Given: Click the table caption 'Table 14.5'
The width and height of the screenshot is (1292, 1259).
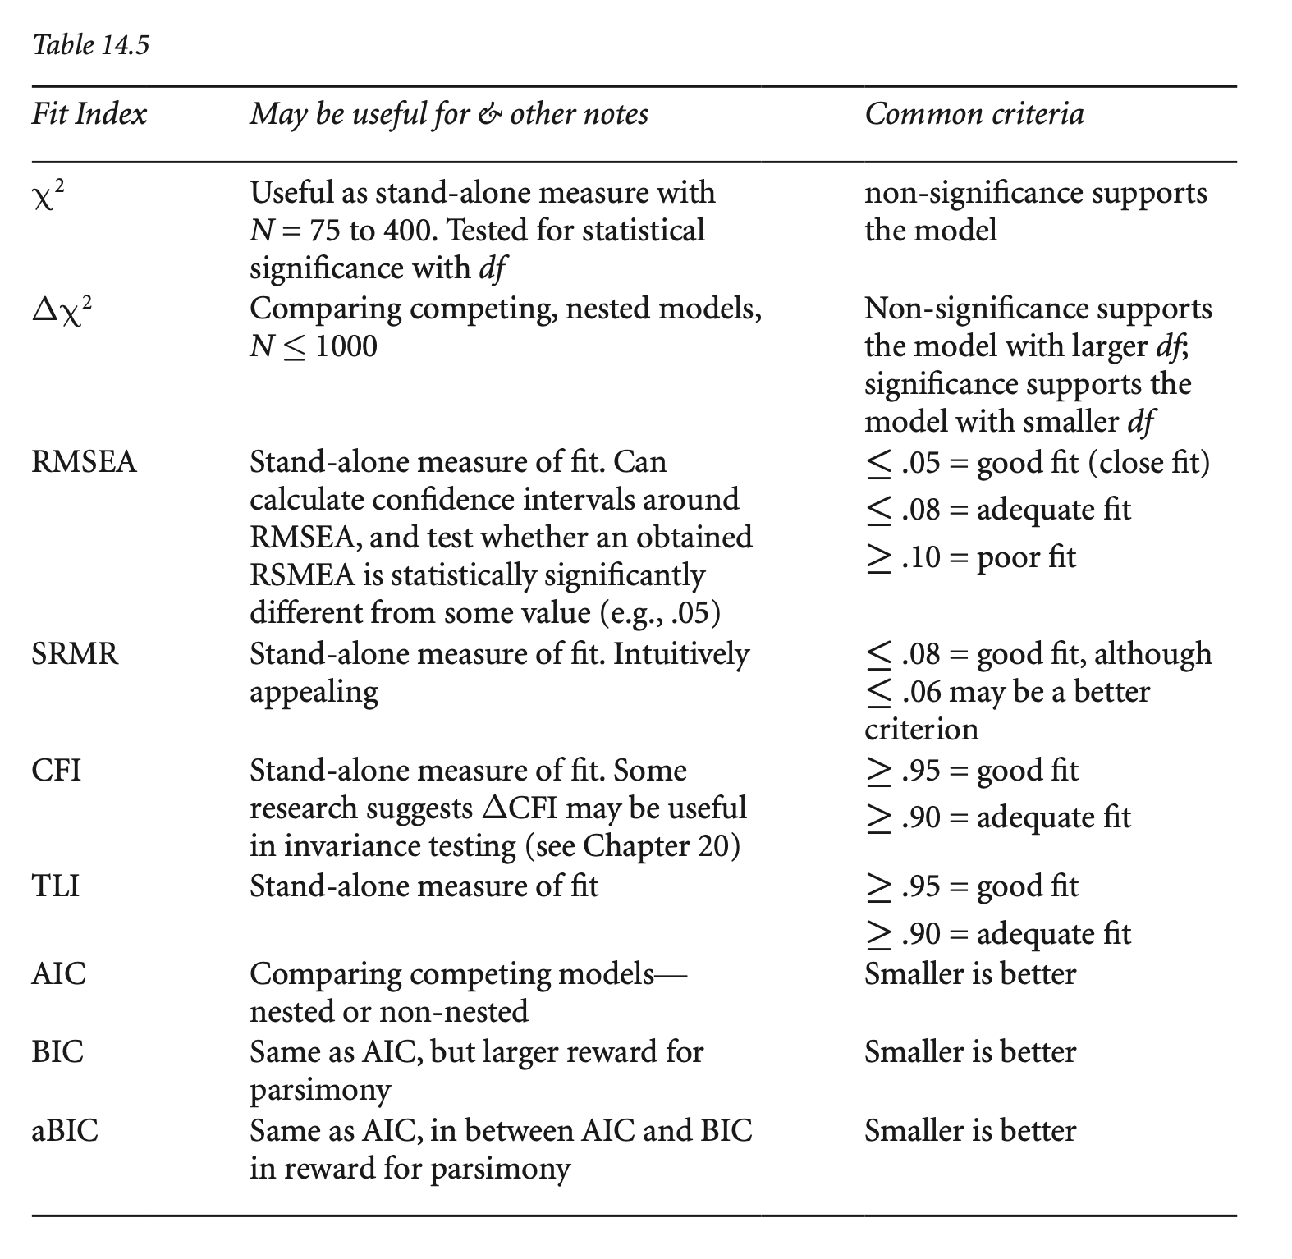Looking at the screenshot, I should click(x=90, y=44).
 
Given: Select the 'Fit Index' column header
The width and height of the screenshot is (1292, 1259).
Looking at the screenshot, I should click(x=89, y=114).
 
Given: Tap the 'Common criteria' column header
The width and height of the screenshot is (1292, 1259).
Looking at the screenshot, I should click(x=974, y=114).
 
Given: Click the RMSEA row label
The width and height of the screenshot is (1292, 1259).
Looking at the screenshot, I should click(x=84, y=462).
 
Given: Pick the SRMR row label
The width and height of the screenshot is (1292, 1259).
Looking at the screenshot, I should click(x=75, y=654).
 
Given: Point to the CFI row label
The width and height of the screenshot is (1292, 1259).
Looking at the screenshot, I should click(x=57, y=771).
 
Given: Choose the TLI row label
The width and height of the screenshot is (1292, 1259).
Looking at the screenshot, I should click(x=55, y=886).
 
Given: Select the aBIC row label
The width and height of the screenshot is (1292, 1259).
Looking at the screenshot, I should click(x=65, y=1131).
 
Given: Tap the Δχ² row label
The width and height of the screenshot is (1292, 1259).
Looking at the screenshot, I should click(x=61, y=310).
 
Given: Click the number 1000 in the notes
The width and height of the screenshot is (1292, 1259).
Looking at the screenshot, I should click(x=346, y=346).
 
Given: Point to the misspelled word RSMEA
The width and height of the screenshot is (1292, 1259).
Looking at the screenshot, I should click(x=303, y=575).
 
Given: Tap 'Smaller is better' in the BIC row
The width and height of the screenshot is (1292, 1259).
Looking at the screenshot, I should click(x=969, y=1052).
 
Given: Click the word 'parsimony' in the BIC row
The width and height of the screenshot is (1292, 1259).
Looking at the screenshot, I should click(x=320, y=1090).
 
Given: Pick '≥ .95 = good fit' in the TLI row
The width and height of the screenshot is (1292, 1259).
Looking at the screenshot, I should click(x=972, y=886).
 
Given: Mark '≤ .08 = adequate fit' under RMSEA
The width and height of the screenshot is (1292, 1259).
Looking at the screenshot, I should click(x=997, y=510).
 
